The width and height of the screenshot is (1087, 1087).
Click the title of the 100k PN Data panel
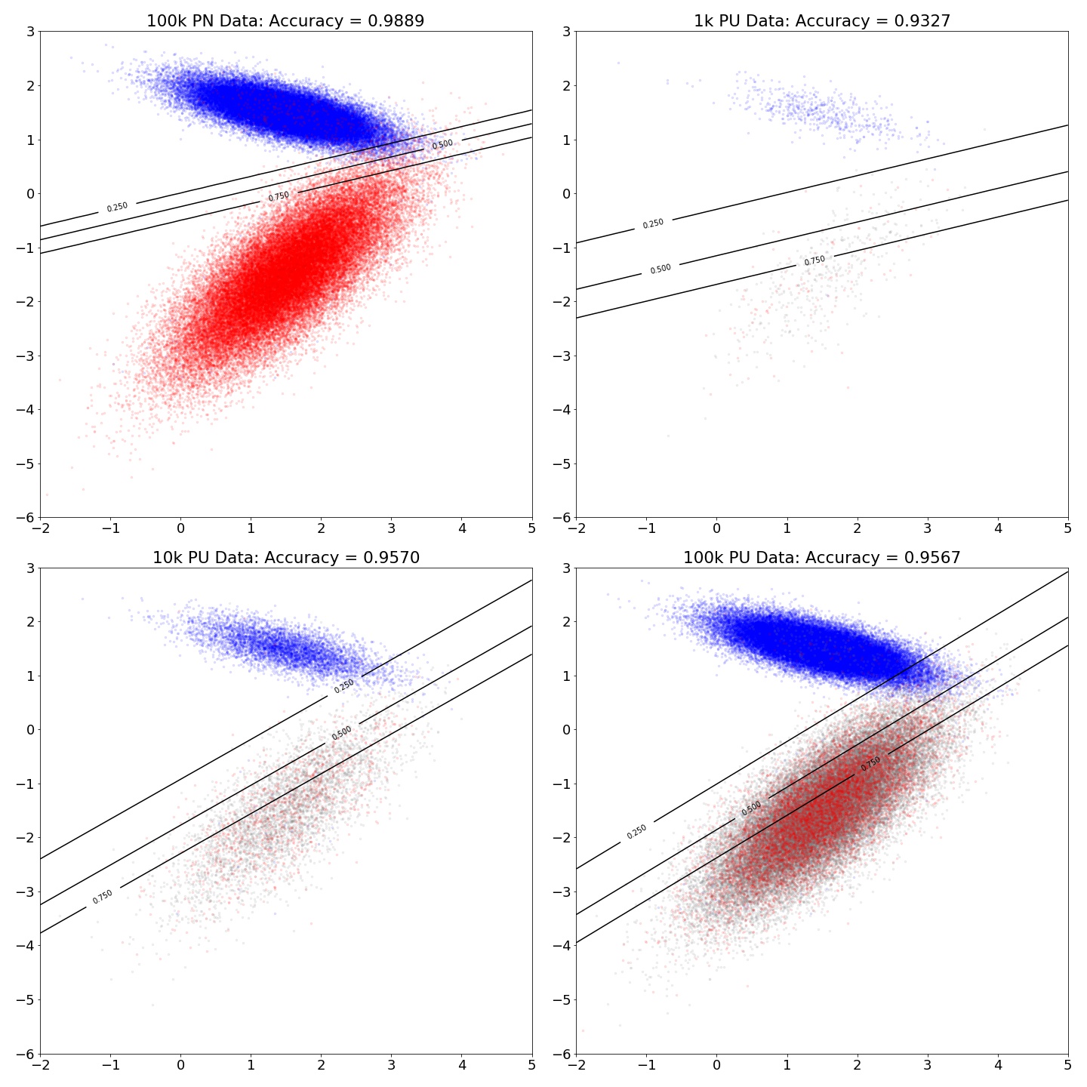[x=285, y=21]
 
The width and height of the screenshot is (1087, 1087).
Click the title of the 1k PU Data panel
[x=822, y=21]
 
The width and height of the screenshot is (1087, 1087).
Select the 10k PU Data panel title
[x=285, y=558]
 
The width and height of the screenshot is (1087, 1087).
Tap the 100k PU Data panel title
[x=822, y=558]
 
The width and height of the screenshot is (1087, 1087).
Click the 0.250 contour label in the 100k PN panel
[x=117, y=207]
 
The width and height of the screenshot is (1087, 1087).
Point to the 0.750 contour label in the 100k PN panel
[x=279, y=196]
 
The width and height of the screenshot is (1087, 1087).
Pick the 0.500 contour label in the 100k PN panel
[x=442, y=144]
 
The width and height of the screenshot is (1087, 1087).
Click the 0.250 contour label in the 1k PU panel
[x=653, y=223]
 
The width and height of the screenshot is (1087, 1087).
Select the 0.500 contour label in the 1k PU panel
[x=661, y=269]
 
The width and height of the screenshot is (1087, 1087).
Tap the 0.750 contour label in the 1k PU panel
[x=814, y=261]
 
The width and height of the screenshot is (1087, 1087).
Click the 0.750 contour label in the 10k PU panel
[x=103, y=896]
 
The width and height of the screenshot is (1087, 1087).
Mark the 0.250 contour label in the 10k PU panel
[x=344, y=685]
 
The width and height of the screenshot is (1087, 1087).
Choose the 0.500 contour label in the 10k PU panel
[x=342, y=733]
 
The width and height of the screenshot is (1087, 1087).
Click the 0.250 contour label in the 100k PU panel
[x=637, y=831]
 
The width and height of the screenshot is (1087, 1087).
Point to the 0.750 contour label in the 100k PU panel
[x=871, y=763]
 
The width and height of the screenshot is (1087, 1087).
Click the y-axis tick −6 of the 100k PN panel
[x=24, y=518]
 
